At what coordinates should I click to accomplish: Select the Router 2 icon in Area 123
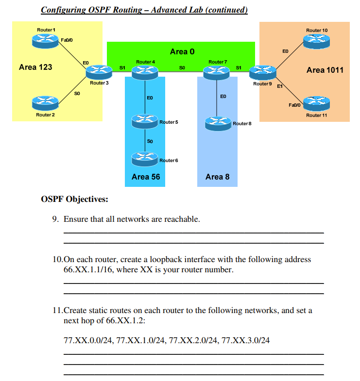(45, 103)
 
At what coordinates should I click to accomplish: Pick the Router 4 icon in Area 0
(145, 71)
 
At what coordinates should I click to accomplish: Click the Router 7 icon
(217, 71)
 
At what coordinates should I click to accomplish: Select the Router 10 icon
(316, 41)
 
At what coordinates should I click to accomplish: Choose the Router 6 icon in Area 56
(145, 157)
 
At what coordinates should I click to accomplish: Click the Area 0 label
(182, 51)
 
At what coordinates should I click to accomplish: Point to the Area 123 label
(35, 67)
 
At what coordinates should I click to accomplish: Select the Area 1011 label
(325, 70)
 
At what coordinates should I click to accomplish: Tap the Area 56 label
(145, 177)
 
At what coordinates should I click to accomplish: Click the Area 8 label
(217, 177)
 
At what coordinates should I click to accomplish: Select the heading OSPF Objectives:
(75, 199)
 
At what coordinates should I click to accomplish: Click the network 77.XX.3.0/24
(245, 340)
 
